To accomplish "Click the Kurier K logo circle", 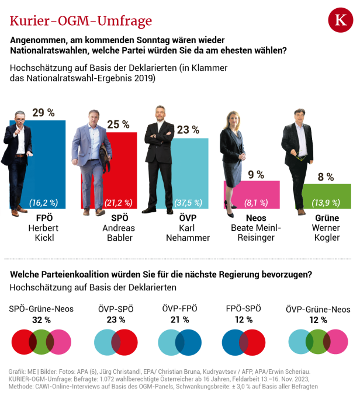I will [x=340, y=22].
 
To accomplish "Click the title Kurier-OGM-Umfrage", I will [x=81, y=21].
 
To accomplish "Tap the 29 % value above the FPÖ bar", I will [x=43, y=112].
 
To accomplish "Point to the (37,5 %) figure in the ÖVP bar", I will [x=188, y=203].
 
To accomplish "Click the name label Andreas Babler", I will [x=118, y=233].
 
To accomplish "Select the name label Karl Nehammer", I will [x=189, y=233].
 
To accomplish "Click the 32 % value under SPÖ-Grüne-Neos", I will [x=40, y=320].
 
